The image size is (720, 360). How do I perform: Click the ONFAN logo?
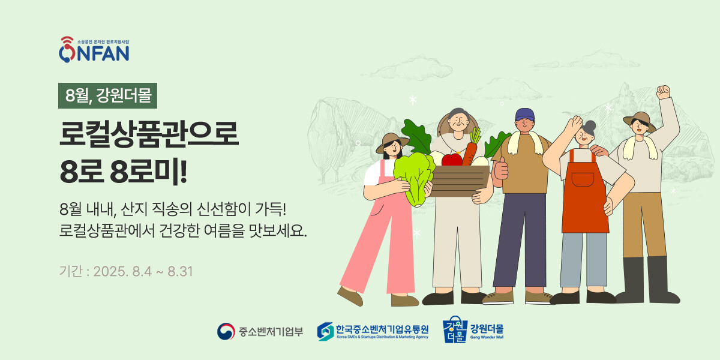pyautogui.click(x=94, y=49)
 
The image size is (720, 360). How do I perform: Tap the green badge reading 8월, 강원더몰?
pyautogui.click(x=107, y=95)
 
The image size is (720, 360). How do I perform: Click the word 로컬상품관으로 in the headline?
pyautogui.click(x=149, y=134)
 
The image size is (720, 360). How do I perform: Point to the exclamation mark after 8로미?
pyautogui.click(x=184, y=172)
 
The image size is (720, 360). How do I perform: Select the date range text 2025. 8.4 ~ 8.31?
pyautogui.click(x=143, y=272)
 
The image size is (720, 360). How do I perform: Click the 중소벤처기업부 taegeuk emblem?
pyautogui.click(x=226, y=331)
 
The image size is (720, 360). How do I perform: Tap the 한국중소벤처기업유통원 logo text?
pyautogui.click(x=382, y=329)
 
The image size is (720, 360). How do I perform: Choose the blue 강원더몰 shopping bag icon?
pyautogui.click(x=455, y=329)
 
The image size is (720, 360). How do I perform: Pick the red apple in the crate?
pyautogui.click(x=452, y=160)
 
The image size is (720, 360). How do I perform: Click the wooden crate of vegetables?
pyautogui.click(x=460, y=181)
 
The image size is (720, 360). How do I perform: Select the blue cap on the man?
pyautogui.click(x=524, y=115)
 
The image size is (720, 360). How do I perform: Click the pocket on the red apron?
pyautogui.click(x=583, y=179)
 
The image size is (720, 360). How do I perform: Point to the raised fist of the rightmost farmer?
pyautogui.click(x=663, y=92)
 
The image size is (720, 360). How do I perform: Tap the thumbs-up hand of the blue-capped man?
pyautogui.click(x=501, y=169)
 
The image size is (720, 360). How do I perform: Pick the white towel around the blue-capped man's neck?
pyautogui.click(x=525, y=142)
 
